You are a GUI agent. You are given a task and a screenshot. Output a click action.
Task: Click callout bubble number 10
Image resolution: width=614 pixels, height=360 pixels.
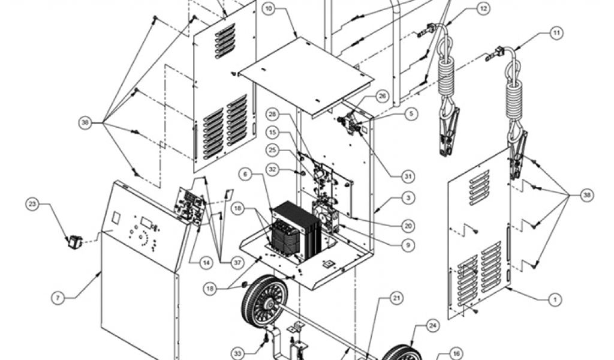click(x=268, y=8)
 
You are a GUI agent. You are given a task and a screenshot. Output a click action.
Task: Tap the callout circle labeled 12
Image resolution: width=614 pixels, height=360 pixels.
click(x=484, y=8)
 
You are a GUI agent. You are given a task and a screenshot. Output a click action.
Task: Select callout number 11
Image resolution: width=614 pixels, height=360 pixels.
click(x=557, y=33)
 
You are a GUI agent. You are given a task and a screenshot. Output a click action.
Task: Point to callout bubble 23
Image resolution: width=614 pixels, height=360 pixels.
click(x=32, y=203)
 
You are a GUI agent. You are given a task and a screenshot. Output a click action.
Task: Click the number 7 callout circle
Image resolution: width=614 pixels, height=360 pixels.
click(x=58, y=298)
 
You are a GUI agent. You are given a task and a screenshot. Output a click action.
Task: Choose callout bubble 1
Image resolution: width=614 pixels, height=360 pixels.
click(x=555, y=300)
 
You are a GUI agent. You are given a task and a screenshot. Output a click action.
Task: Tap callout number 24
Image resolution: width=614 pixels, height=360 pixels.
click(x=433, y=326)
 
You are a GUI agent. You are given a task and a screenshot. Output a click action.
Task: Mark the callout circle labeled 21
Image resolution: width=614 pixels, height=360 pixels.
click(x=397, y=298)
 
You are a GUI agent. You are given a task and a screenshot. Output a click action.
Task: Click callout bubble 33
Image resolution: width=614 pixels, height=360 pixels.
click(x=237, y=353)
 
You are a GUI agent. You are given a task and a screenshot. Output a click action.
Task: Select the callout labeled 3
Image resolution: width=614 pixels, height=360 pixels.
click(x=408, y=198)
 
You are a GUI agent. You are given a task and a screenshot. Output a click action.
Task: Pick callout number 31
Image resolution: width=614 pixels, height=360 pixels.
click(x=408, y=176)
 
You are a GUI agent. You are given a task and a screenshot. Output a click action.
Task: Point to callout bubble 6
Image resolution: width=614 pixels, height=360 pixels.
click(x=245, y=174)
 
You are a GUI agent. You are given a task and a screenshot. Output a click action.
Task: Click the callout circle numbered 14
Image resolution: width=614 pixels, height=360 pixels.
click(x=206, y=263)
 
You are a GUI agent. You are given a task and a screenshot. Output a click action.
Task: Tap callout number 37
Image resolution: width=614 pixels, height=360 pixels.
click(x=237, y=263)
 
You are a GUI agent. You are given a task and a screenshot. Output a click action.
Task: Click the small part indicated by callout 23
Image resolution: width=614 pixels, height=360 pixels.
click(x=75, y=242)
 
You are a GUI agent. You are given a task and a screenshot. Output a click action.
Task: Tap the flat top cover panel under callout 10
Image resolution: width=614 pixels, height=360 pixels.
click(x=306, y=76)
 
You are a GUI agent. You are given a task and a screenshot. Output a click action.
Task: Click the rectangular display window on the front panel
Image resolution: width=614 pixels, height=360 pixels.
click(x=147, y=223)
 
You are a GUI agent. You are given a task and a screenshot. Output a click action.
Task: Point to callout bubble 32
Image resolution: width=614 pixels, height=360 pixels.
click(x=273, y=169)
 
